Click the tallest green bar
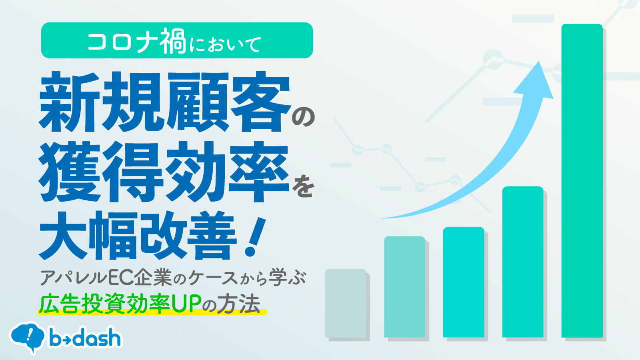pyautogui.click(x=582, y=180)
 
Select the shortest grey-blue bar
pyautogui.click(x=346, y=303)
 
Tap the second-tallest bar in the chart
pyautogui.click(x=523, y=262)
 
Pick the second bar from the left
pyautogui.click(x=404, y=287)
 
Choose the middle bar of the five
pyautogui.click(x=464, y=282)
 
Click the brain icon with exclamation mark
pyautogui.click(x=27, y=338)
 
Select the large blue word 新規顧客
pyautogui.click(x=164, y=102)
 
